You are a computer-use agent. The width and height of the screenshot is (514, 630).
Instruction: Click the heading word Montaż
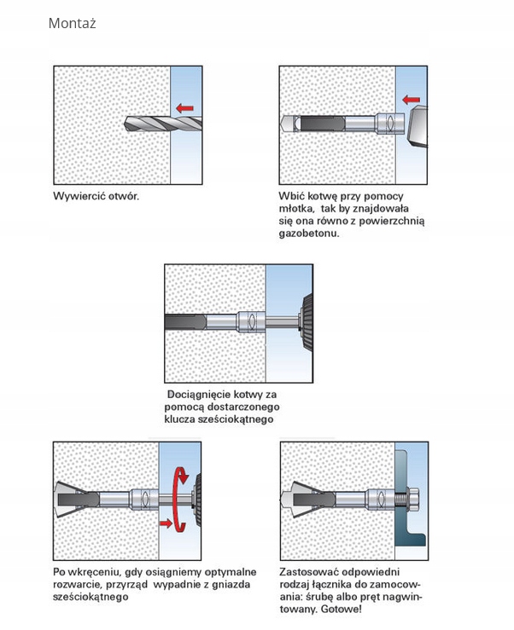[72, 23]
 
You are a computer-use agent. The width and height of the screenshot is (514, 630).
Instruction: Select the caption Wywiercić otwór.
[95, 196]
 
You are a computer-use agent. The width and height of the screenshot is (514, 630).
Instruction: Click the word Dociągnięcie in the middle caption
[200, 396]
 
